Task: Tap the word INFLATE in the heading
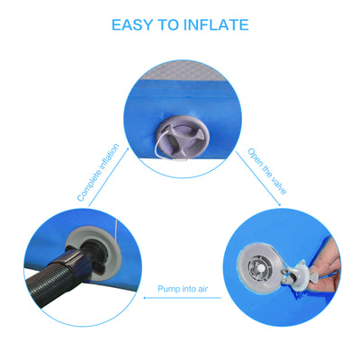216,24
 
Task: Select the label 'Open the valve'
266,171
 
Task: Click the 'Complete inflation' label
98,173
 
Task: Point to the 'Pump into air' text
183,289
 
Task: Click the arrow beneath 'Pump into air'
183,298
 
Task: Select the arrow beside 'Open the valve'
258,179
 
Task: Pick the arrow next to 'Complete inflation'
109,177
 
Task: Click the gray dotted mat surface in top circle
183,72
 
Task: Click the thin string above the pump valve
115,229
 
